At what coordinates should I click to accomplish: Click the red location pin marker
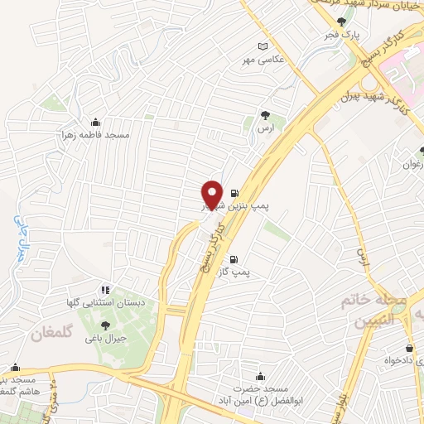(x=213, y=194)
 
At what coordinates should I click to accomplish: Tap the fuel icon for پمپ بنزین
(x=234, y=188)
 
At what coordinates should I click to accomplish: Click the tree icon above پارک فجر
(x=340, y=22)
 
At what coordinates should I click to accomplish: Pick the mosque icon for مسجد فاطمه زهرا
(x=95, y=122)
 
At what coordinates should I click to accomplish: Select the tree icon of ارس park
(x=264, y=115)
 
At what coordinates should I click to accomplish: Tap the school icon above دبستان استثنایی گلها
(x=105, y=290)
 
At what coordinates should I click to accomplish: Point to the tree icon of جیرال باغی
(x=105, y=325)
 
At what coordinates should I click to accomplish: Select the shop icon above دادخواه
(x=411, y=348)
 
